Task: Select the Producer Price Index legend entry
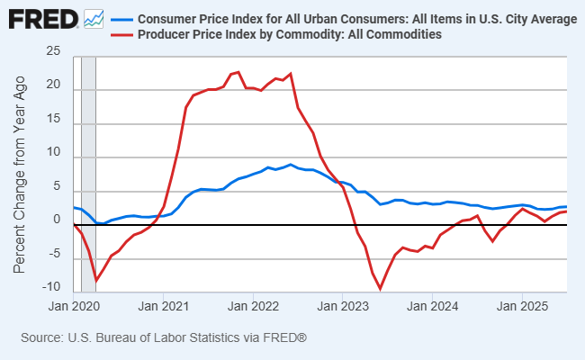[x=288, y=35]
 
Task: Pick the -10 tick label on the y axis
[x=51, y=288]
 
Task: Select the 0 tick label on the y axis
[x=57, y=220]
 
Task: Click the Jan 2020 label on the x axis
[x=73, y=305]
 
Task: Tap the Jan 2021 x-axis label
[x=163, y=305]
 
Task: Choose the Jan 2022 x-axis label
[x=253, y=305]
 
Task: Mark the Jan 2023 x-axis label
[x=343, y=305]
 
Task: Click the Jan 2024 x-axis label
[x=433, y=305]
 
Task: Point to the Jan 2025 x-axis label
[x=523, y=305]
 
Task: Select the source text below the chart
[x=164, y=337]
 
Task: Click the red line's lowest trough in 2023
[x=381, y=289]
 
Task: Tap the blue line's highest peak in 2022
[x=290, y=165]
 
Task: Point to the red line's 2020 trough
[x=95, y=281]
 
